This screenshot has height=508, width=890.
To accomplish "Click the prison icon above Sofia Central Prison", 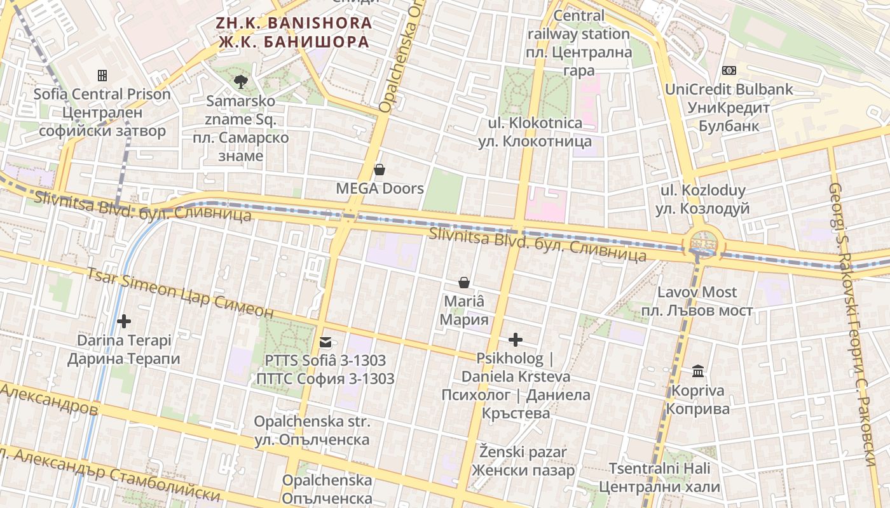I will [102, 76].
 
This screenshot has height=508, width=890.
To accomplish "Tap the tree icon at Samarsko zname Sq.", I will [241, 81].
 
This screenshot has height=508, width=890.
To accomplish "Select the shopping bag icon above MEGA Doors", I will [380, 170].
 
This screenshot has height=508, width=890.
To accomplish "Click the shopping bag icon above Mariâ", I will [464, 282].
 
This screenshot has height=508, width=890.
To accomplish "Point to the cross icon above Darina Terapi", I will [124, 321].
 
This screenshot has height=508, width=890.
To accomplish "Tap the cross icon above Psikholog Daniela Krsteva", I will [516, 340].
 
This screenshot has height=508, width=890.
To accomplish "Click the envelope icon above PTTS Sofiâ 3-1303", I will [325, 342].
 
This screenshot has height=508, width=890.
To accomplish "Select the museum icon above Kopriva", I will [698, 371].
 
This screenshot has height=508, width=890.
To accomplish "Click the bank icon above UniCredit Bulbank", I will [729, 70].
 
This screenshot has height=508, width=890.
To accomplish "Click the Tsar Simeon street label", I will [180, 293].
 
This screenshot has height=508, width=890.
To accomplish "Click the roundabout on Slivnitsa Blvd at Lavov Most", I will [702, 243].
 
